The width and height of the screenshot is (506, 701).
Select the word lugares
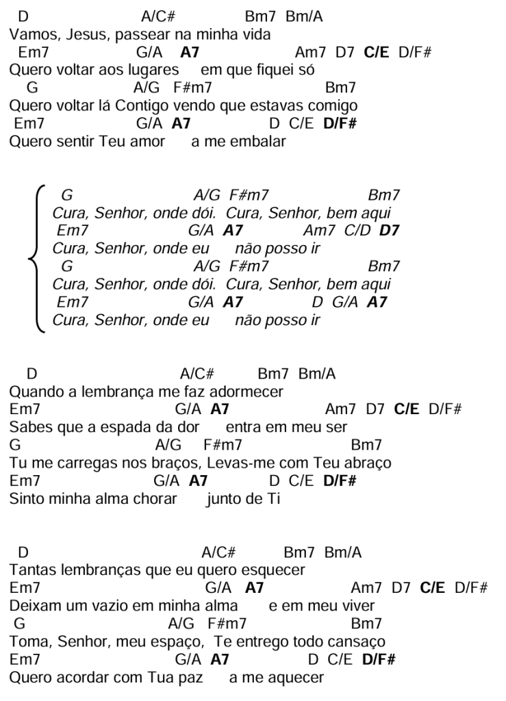(152, 70)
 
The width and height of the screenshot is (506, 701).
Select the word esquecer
(273, 570)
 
